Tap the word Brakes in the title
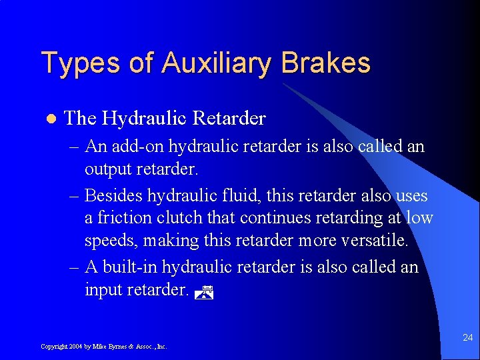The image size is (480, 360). coord(326,63)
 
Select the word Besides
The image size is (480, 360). coord(113,195)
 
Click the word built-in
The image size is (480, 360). coord(131,267)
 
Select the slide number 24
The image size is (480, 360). coord(468,338)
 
